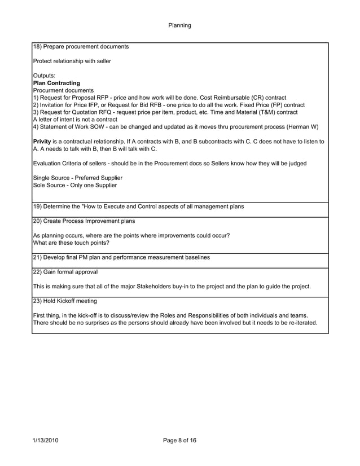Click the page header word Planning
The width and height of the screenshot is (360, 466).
click(179, 25)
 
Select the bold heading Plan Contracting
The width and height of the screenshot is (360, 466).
click(56, 83)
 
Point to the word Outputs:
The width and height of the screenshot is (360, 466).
click(45, 76)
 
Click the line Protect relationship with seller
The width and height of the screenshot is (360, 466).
click(72, 61)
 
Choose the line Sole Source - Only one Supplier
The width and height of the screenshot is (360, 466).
click(75, 186)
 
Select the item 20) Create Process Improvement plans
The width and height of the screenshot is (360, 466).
click(84, 221)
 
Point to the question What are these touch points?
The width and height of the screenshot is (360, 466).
click(72, 243)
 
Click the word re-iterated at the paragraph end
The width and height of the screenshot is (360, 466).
click(301, 323)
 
